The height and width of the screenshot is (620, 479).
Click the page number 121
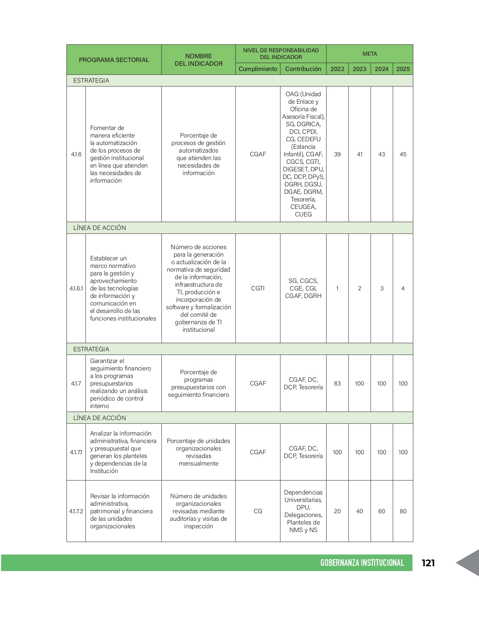pos(428,563)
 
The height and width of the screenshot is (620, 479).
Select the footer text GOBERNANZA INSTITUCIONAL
pos(362,563)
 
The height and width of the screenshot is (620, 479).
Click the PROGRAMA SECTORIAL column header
pos(114,60)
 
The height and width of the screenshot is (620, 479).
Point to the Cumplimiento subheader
pos(258,69)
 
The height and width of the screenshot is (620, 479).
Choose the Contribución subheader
pos(303,69)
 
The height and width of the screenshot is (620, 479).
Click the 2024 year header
pos(381,69)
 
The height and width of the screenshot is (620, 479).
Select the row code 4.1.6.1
pos(76,289)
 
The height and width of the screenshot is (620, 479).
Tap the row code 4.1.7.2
pos(76,511)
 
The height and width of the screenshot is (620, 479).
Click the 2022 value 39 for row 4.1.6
pos(337,154)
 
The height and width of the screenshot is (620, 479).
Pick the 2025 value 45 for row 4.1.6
pos(403,154)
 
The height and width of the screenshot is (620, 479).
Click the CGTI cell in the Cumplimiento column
pos(258,289)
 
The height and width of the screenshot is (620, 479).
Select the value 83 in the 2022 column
pos(337,383)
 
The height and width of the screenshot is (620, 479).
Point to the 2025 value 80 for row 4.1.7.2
pos(403,511)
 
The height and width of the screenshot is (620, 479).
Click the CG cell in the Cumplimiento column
pos(258,511)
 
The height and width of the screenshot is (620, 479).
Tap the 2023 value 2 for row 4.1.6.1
pos(360,289)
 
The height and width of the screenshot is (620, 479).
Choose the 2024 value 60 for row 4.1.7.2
pos(381,511)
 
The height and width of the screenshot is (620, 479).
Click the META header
pos(370,54)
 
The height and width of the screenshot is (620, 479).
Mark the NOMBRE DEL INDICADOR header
pos(198,60)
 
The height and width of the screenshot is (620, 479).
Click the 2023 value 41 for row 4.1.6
pos(360,154)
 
